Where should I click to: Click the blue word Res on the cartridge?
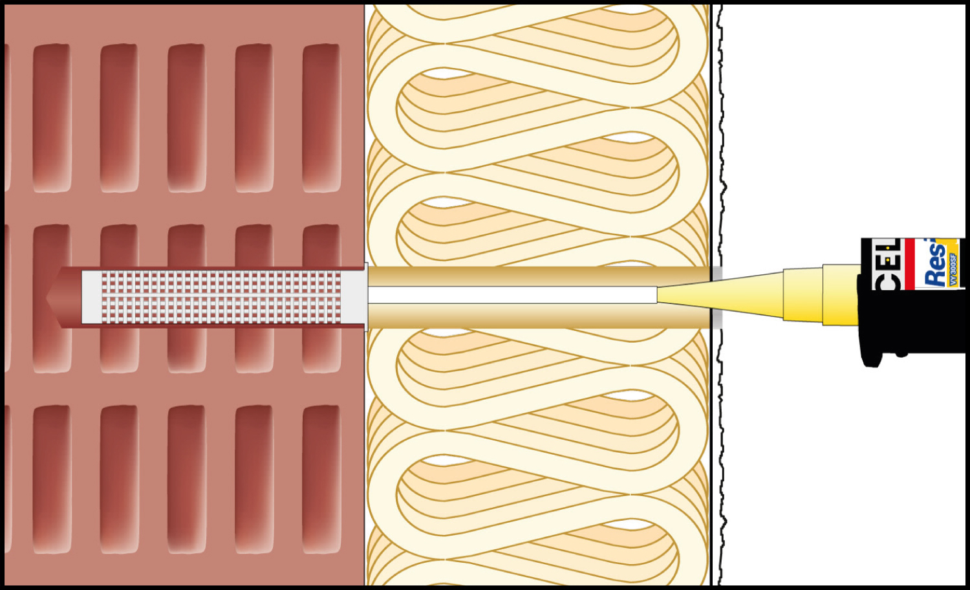point(935,264)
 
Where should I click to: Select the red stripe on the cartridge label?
point(910,263)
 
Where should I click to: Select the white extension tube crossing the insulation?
point(511,295)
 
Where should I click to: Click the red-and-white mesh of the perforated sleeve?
point(220,297)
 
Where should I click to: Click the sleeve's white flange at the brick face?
point(366,297)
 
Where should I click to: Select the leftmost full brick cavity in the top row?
point(52,118)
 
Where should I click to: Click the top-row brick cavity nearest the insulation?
point(321,118)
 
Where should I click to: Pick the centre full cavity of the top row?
point(187,118)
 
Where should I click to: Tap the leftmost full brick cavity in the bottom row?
point(52,479)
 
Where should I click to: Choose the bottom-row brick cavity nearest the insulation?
point(321,479)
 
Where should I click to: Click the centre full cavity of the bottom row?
point(187,479)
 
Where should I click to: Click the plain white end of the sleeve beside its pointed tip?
point(91,297)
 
